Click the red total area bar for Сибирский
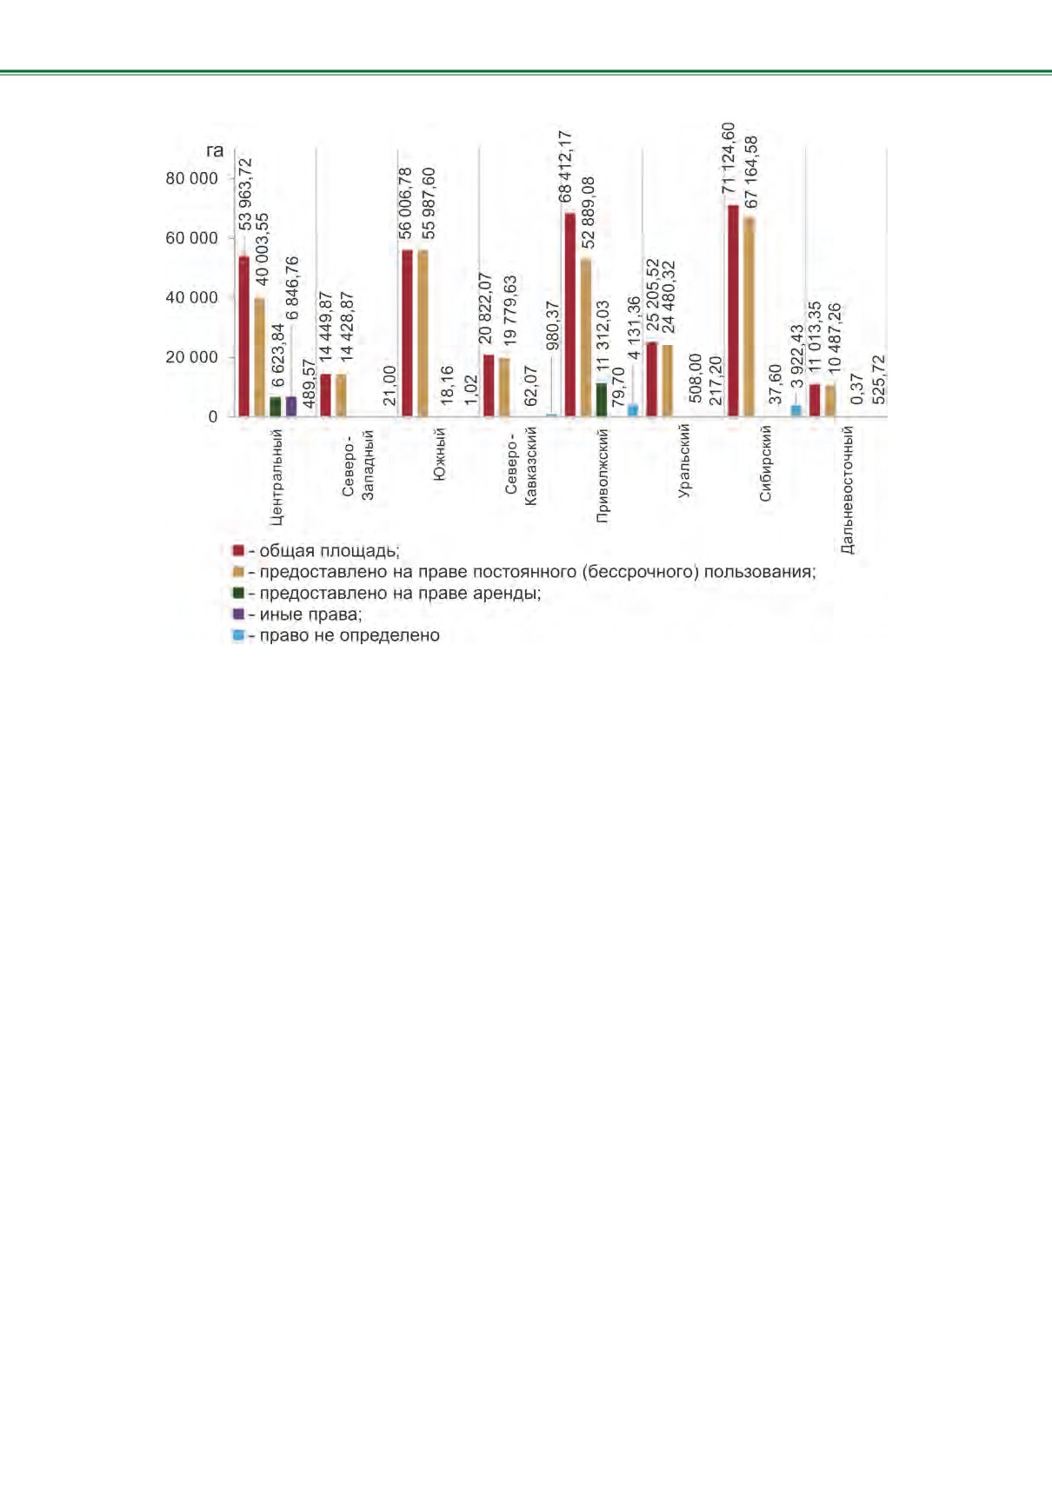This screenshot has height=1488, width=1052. [733, 311]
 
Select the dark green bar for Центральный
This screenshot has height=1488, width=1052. [275, 408]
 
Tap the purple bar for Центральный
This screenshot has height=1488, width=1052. [291, 407]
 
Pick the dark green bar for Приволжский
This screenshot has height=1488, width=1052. [602, 400]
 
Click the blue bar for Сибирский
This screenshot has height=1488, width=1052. [796, 411]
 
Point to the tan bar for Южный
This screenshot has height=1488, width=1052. [423, 334]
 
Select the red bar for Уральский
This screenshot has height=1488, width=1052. [652, 379]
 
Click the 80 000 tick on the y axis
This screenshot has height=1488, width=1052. [191, 179]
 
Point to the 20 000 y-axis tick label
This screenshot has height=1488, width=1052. [191, 357]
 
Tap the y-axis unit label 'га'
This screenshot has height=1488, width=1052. [215, 151]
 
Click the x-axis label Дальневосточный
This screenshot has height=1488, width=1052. [847, 489]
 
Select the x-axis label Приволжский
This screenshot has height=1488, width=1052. [603, 475]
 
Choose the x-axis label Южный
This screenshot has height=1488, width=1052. [438, 454]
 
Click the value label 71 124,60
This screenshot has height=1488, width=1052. [729, 158]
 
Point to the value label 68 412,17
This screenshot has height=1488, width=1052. [565, 167]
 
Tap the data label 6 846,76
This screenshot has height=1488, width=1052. [292, 288]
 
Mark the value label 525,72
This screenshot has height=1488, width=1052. [878, 380]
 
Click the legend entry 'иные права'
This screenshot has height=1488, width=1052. [297, 614]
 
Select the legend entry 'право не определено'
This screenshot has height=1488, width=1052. [336, 635]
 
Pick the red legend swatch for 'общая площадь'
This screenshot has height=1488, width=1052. [238, 551]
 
